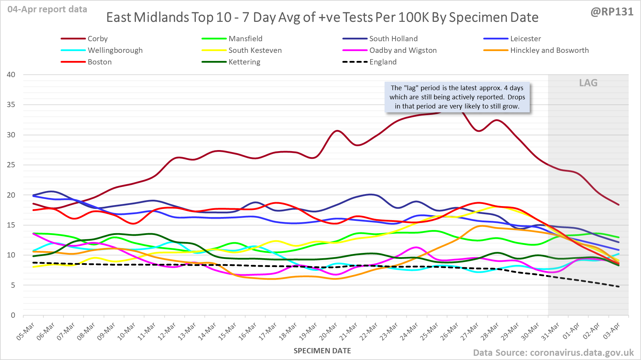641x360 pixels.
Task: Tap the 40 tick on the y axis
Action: pyautogui.click(x=11, y=75)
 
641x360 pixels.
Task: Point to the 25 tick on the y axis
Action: pyautogui.click(x=11, y=165)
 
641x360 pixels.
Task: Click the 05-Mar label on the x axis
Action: pyautogui.click(x=26, y=331)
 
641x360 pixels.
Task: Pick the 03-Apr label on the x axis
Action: pyautogui.click(x=611, y=331)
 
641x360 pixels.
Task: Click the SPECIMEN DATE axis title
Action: pyautogui.click(x=322, y=351)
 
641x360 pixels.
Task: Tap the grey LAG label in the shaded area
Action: pyautogui.click(x=588, y=83)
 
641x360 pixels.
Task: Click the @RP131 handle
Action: pyautogui.click(x=612, y=12)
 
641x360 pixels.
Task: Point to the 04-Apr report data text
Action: pyautogui.click(x=47, y=10)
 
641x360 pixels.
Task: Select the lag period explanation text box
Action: pyautogui.click(x=457, y=97)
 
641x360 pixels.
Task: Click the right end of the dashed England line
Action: pyautogui.click(x=618, y=286)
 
